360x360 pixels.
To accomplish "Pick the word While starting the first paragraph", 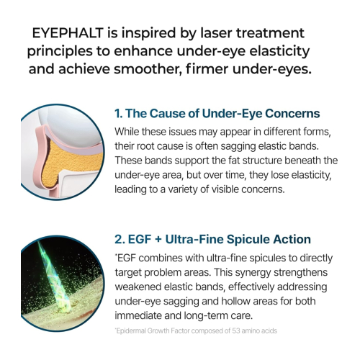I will [x=130, y=132].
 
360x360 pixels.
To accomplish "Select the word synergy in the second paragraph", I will [x=253, y=271].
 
